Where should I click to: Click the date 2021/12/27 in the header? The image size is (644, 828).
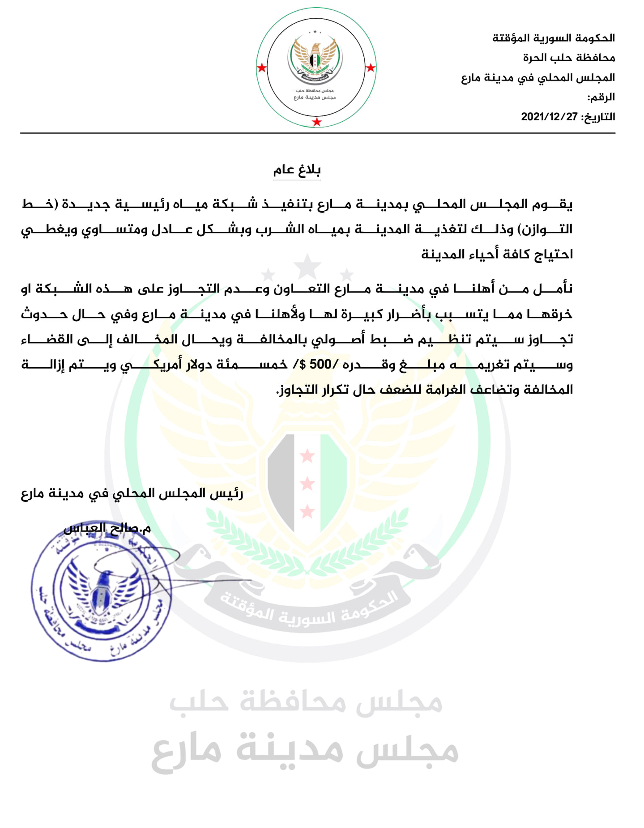(x=549, y=117)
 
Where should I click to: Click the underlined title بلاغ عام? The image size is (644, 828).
(x=297, y=170)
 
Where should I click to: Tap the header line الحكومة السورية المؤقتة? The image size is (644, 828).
(x=554, y=38)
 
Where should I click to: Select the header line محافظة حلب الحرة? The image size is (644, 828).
(x=569, y=58)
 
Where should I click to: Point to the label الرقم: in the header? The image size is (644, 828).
(x=601, y=97)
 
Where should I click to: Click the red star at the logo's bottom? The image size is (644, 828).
(x=317, y=122)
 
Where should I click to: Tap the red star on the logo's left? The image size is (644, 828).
(x=262, y=68)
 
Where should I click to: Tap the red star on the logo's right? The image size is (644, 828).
(x=371, y=68)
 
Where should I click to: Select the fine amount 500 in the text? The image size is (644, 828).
(x=320, y=364)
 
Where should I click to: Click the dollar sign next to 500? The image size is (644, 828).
(x=303, y=365)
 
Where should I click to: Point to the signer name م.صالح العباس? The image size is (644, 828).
(x=107, y=528)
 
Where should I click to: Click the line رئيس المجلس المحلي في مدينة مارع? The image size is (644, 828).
(x=132, y=493)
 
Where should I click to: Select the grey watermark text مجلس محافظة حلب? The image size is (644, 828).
(x=306, y=701)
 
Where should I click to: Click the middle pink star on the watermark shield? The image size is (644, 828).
(x=307, y=483)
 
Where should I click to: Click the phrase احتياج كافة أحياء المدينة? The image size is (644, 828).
(x=497, y=254)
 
